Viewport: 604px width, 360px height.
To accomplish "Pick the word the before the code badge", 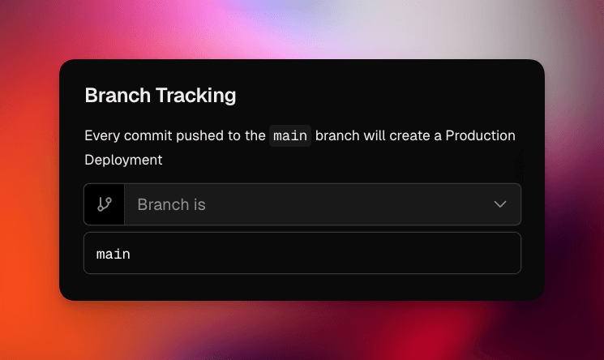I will tap(255, 135).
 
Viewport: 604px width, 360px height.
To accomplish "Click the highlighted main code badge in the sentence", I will tap(290, 135).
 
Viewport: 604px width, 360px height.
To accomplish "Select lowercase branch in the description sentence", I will tap(338, 135).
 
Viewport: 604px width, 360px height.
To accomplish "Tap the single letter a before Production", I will tap(438, 135).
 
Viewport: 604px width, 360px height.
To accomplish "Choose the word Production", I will tap(481, 135).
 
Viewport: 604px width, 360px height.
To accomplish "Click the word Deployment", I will tap(123, 160).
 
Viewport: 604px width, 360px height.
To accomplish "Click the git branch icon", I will tap(105, 204).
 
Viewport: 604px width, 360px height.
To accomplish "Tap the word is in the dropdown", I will tap(199, 204).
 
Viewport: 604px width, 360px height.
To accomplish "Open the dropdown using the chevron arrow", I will tap(500, 204).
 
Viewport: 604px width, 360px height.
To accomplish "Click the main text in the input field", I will tap(114, 255).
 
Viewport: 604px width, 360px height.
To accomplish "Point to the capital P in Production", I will tap(450, 135).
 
